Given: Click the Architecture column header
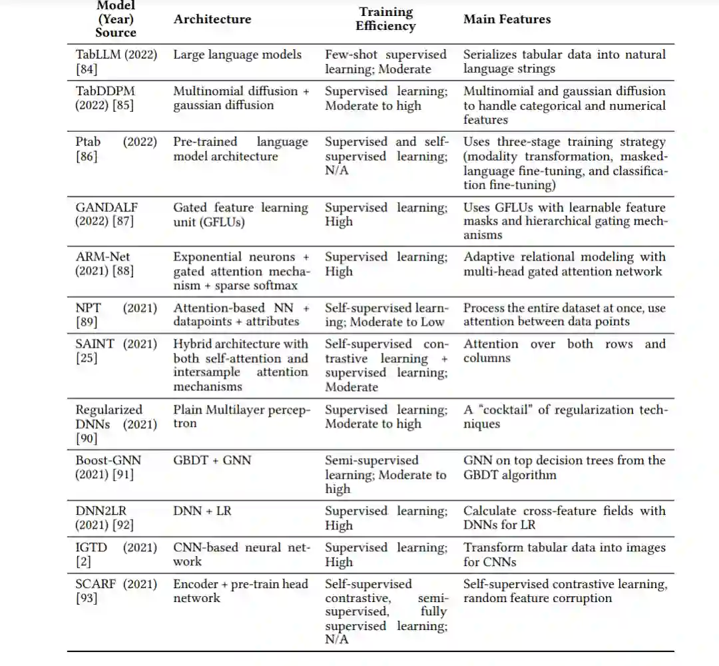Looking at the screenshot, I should click(x=212, y=19).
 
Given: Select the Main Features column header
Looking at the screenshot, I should click(x=507, y=19).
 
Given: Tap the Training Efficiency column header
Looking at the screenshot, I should click(x=385, y=19).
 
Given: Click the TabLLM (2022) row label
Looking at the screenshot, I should click(x=117, y=55).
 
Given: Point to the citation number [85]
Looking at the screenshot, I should click(x=122, y=105).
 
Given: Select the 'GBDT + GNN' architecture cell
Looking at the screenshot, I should click(x=212, y=460).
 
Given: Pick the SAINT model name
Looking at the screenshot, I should click(x=95, y=344).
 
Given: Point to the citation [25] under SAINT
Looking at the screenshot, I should click(x=87, y=359).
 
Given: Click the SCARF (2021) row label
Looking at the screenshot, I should click(x=117, y=584).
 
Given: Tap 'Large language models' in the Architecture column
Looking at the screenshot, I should click(x=238, y=55).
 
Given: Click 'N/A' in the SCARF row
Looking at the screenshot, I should click(x=337, y=640).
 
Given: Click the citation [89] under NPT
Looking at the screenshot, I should click(x=87, y=322).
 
